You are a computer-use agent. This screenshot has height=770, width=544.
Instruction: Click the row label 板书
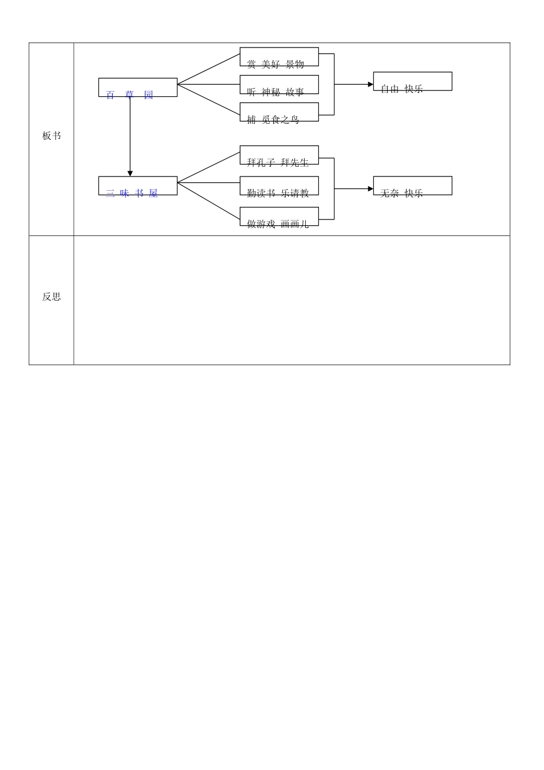51,136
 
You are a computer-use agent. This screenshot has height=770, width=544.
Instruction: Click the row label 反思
51,297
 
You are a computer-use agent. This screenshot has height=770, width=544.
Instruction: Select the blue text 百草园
129,95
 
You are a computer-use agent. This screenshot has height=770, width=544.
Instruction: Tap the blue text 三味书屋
132,193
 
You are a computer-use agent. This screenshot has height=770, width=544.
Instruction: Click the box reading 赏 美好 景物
279,57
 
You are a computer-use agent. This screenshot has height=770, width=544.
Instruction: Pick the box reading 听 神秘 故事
279,85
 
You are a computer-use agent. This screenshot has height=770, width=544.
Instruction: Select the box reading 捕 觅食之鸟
279,112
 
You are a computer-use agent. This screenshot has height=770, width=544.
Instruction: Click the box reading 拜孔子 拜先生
279,155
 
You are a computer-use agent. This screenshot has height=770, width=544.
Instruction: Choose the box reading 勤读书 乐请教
279,186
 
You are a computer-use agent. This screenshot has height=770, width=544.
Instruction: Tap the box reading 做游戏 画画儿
279,217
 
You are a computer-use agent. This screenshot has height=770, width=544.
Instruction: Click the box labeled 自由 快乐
412,81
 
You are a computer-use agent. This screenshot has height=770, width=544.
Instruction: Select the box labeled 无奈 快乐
412,186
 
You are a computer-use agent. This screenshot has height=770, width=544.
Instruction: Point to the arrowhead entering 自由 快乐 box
370,84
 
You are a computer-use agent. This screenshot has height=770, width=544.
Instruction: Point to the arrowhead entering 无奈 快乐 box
370,188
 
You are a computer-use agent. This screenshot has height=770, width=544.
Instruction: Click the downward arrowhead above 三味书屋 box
130,174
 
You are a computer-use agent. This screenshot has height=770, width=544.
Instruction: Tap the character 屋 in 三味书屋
153,194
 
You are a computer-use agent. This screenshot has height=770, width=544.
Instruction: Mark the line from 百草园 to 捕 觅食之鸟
208,100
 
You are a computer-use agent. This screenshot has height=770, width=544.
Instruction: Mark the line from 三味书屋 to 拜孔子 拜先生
208,167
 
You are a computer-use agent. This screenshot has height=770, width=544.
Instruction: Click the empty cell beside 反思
291,300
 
